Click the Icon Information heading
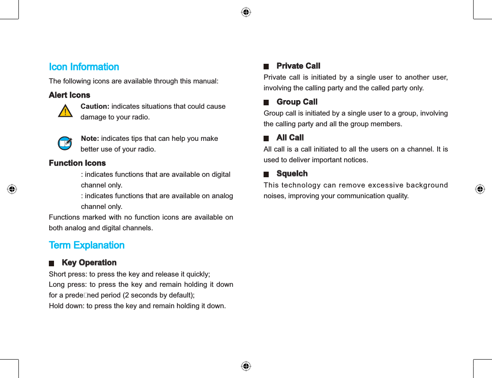click(84, 67)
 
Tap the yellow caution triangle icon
click(65, 112)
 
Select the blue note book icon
click(65, 143)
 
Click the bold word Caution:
click(95, 107)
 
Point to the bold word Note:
click(90, 139)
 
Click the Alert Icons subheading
click(69, 95)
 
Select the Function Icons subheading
click(77, 163)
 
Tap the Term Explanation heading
click(87, 245)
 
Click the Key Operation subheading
click(89, 263)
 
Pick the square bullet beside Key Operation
click(52, 263)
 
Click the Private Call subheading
click(298, 66)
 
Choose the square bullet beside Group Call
click(266, 103)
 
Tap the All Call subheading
click(290, 137)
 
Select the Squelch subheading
click(292, 173)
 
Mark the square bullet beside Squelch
click(266, 174)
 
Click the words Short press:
click(67, 274)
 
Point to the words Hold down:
click(67, 306)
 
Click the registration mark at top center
click(246, 12)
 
